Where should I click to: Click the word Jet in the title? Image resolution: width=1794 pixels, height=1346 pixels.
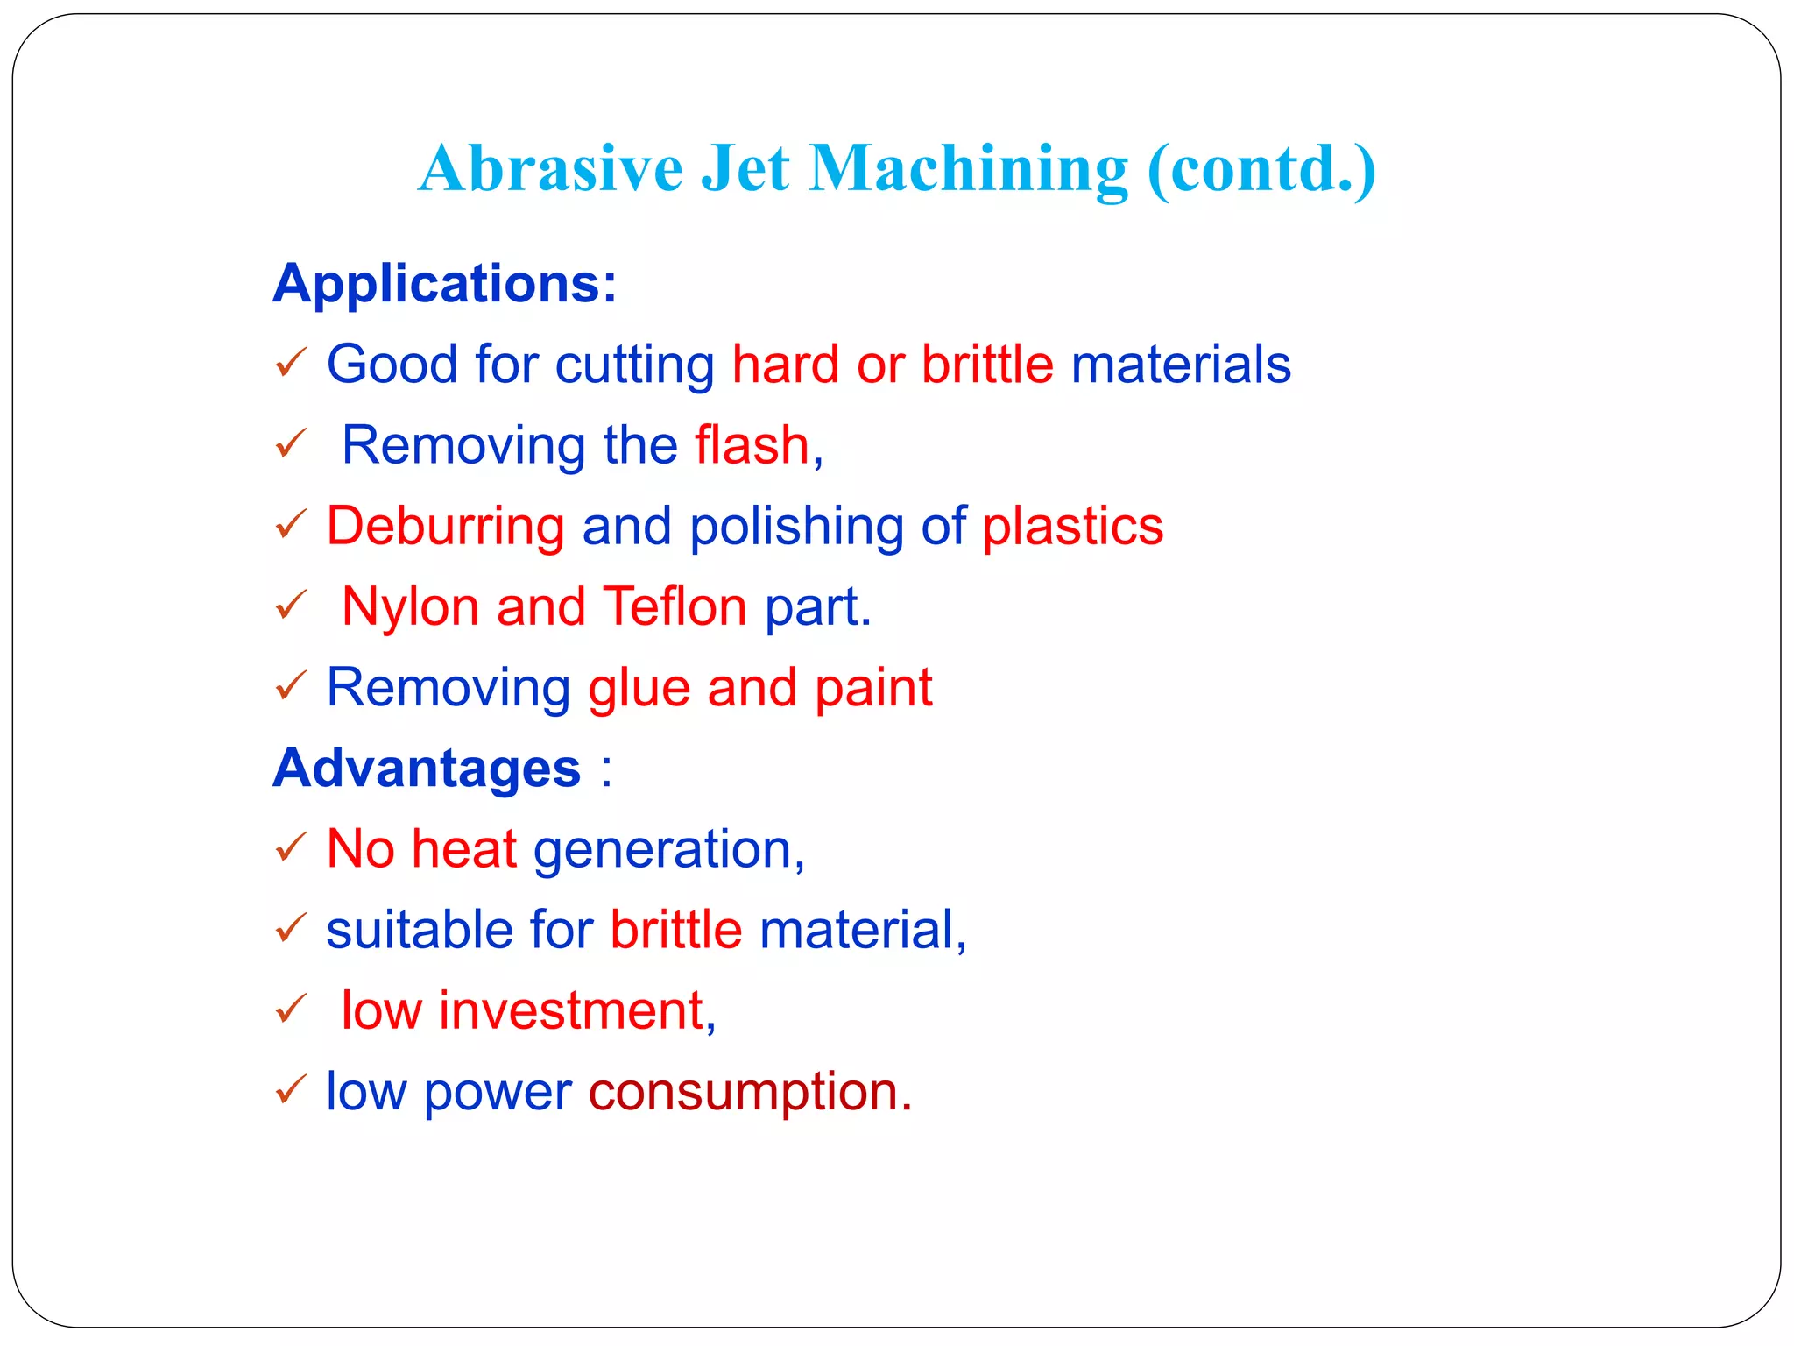(745, 168)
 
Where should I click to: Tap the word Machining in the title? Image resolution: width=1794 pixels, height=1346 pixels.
(968, 170)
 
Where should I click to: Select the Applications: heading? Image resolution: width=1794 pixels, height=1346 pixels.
(445, 283)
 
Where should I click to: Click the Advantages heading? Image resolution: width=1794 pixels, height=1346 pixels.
(427, 769)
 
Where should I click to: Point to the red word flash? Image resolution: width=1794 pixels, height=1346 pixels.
(752, 445)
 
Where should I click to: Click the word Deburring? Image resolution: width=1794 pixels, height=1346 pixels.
(446, 527)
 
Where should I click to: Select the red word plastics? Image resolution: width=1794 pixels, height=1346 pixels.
(1072, 527)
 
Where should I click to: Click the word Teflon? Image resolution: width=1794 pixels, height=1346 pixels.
(675, 606)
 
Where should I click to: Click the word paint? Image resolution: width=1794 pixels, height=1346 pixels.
(873, 689)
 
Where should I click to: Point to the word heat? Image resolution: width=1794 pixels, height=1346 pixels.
(464, 849)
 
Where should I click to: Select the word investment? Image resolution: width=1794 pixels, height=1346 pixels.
(571, 1010)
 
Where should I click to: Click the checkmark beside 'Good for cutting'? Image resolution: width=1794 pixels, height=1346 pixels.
(291, 362)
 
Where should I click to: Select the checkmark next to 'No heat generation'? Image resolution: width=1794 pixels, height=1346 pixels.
(291, 847)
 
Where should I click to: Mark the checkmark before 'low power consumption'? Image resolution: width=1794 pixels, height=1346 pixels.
(291, 1089)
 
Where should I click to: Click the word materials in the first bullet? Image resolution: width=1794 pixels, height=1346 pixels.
(1181, 365)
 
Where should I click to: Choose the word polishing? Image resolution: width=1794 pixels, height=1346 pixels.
(796, 527)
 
